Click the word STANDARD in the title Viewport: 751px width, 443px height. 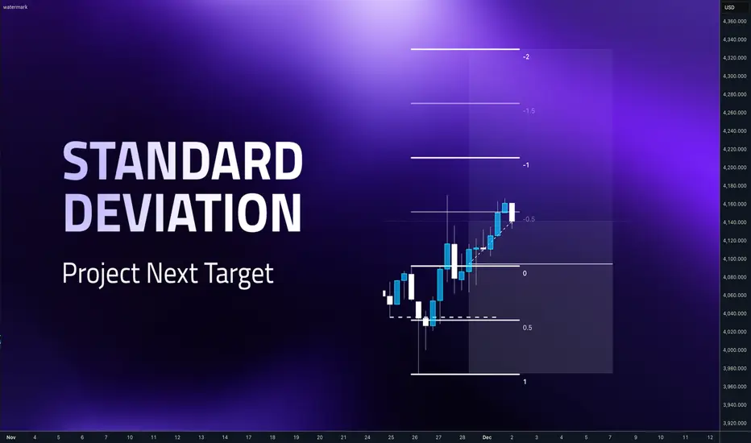coord(183,160)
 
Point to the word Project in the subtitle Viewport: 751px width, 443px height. coord(102,274)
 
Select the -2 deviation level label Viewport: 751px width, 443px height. coord(526,56)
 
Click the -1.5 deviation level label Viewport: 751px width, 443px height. coord(529,110)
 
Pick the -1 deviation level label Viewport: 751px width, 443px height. coord(526,165)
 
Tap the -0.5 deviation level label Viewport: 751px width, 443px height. coord(529,219)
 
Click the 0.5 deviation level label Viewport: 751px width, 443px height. coord(527,328)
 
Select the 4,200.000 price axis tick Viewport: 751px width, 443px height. coord(735,168)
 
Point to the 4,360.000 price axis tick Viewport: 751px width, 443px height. coord(735,22)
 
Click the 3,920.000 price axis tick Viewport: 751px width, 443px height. coord(735,424)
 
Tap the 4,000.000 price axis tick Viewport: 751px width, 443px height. coord(735,350)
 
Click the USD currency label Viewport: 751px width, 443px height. coord(729,7)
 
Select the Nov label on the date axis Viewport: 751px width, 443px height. coord(11,437)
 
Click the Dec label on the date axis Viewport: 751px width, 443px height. coord(487,437)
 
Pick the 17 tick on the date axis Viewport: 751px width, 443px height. coord(248,437)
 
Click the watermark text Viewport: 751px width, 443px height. coord(15,7)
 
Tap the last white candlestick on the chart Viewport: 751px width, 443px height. coord(512,212)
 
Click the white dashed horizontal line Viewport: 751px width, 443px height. coord(443,317)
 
